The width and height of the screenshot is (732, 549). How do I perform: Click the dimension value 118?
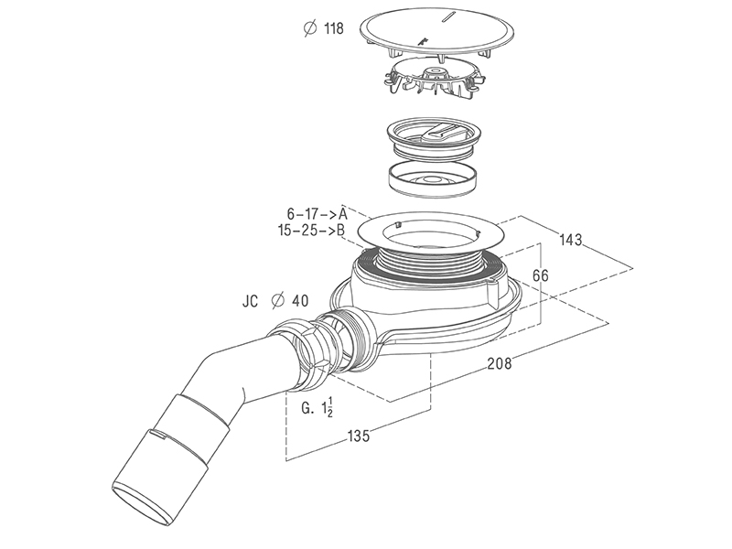click(x=334, y=28)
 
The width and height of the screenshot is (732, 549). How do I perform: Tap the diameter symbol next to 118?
click(x=310, y=28)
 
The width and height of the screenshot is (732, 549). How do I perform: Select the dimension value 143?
click(x=571, y=240)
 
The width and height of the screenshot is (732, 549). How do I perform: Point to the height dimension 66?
click(x=541, y=275)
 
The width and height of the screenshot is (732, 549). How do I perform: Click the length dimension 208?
click(x=499, y=362)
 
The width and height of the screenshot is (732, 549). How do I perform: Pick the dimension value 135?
click(x=358, y=436)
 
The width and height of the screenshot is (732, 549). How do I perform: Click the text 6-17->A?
click(x=317, y=214)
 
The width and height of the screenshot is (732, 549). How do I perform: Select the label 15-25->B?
click(x=311, y=231)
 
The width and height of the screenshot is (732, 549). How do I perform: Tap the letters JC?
click(x=250, y=301)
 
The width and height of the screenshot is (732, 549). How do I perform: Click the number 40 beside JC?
click(x=300, y=301)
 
